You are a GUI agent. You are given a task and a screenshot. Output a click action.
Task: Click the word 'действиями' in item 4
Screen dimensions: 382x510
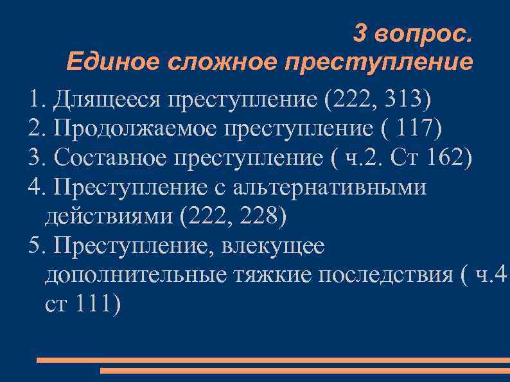coord(109,216)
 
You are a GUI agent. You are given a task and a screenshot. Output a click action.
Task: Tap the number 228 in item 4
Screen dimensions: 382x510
coord(259,216)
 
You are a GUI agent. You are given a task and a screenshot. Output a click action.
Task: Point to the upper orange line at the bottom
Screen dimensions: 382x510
coord(273,360)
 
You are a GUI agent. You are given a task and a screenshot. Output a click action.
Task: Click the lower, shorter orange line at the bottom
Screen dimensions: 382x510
coord(304,370)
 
